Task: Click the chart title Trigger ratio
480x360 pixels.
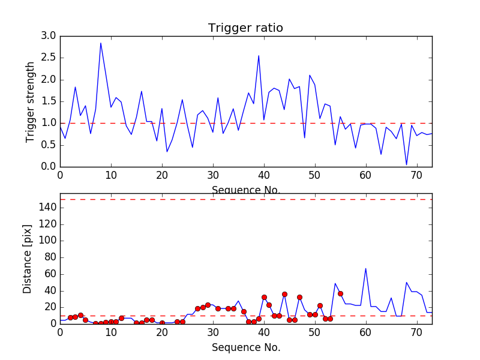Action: [x=245, y=28]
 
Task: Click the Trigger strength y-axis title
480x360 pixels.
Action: [x=31, y=101]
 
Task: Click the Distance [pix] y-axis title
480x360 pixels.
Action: [x=28, y=259]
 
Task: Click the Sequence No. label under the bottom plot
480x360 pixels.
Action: [x=245, y=347]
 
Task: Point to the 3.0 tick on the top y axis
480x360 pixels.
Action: [x=49, y=36]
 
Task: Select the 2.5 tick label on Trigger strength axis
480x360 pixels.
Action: [x=49, y=58]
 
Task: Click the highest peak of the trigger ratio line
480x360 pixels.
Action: [x=101, y=43]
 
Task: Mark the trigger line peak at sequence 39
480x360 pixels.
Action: [x=259, y=56]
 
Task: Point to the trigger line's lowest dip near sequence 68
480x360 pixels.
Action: [x=406, y=164]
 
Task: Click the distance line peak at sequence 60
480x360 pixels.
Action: [x=365, y=268]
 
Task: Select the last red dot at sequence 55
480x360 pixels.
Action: [x=340, y=293]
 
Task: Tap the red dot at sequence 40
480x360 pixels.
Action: [x=264, y=297]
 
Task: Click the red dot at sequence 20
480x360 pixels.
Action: [x=162, y=323]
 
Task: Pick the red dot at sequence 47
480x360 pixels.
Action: [x=299, y=297]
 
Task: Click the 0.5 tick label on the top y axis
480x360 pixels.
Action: [x=49, y=145]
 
